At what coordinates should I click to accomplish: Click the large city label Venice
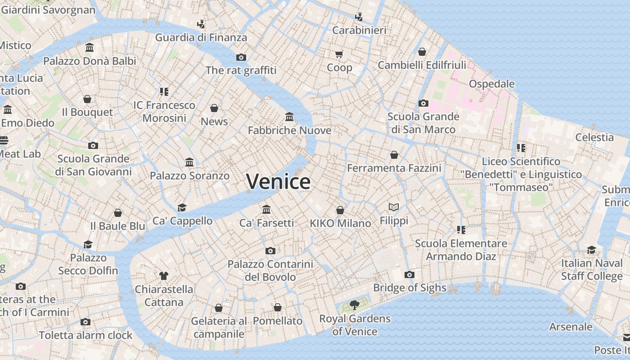pos(278,181)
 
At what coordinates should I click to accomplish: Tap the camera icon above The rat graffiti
pos(241,57)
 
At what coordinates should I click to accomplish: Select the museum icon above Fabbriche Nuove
pos(289,117)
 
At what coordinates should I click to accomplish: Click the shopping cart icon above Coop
pos(339,54)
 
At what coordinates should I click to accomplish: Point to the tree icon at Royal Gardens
pos(355,305)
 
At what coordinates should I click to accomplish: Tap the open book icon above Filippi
pos(394,207)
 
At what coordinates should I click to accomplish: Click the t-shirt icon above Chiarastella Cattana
pos(164,275)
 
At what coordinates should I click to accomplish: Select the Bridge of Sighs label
pos(409,288)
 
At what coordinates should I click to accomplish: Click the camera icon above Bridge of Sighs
pos(409,274)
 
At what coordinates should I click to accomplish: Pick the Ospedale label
pos(491,84)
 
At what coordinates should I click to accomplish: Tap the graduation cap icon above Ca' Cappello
pos(182,207)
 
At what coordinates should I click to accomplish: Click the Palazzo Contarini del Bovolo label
pos(270,270)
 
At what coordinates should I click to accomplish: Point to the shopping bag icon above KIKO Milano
pos(340,210)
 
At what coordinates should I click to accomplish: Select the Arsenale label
pos(571,327)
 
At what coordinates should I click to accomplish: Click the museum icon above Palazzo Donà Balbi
pos(90,48)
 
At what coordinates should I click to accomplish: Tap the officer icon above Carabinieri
pos(359,17)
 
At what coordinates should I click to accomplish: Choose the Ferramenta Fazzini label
pos(394,168)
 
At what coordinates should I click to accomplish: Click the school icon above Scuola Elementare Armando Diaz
pos(461,230)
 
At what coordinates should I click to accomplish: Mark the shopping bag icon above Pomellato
pos(278,307)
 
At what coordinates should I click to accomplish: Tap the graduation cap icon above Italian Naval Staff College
pos(591,250)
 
